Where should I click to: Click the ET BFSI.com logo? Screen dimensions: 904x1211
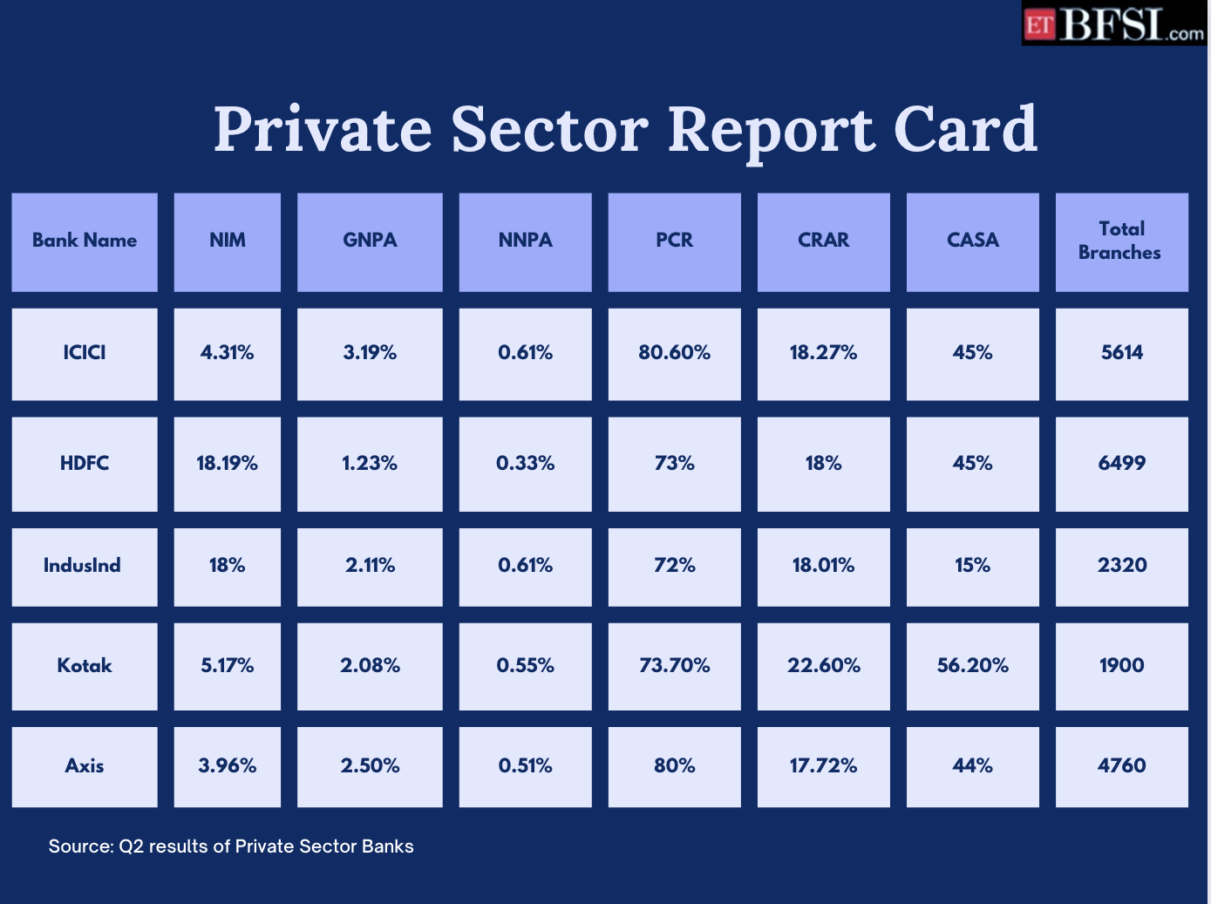coord(1113,24)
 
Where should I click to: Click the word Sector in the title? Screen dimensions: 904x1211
coord(549,130)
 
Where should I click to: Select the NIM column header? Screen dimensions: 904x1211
coord(228,241)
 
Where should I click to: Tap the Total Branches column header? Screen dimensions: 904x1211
coord(1120,241)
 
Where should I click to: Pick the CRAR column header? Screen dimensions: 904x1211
coord(823,241)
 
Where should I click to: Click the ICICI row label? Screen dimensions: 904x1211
coord(85,353)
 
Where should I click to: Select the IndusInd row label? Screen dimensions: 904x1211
coord(83,566)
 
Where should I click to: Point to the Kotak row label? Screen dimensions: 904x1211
coord(85,666)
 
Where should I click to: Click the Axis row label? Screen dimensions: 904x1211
coord(85,766)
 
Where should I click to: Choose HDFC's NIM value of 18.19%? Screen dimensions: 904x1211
coord(228,464)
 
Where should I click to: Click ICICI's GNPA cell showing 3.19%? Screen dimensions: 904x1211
coord(370,353)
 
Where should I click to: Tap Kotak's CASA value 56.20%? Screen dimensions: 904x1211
coord(972,666)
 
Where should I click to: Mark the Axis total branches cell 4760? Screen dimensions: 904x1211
coord(1121,766)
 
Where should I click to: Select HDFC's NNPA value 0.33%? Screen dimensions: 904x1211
coord(525,464)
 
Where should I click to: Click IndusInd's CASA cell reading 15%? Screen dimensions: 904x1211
coord(972,566)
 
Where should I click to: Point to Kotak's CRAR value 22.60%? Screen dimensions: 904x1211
coord(823,666)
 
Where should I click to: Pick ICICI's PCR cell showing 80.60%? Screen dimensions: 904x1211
coord(674,353)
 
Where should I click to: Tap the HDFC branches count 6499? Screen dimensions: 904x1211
coord(1121,464)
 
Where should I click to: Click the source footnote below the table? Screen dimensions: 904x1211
coord(231,846)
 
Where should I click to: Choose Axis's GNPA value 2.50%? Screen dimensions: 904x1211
coord(370,766)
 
